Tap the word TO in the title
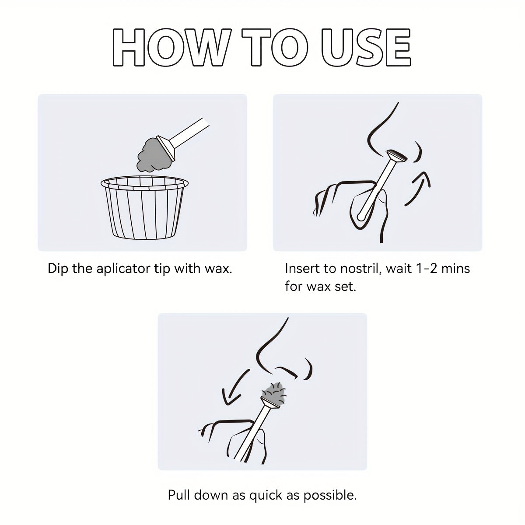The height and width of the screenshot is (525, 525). click(x=275, y=47)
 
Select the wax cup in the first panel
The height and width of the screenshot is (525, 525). click(x=145, y=208)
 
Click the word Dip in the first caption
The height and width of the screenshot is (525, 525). click(x=57, y=269)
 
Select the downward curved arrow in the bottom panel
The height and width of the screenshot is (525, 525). click(x=231, y=388)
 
